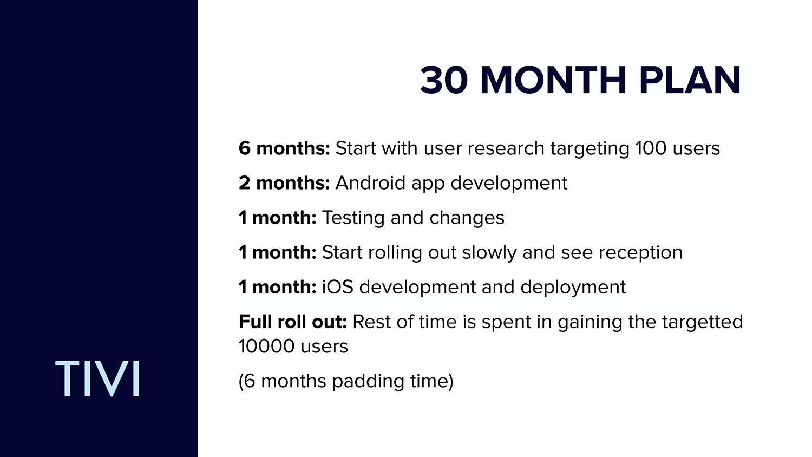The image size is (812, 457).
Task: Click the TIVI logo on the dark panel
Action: (x=97, y=378)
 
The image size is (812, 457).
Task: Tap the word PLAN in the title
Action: (x=690, y=80)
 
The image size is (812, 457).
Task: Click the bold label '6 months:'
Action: (x=284, y=148)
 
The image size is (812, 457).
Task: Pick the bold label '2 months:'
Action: (x=284, y=182)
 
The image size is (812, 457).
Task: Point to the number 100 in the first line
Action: (x=651, y=148)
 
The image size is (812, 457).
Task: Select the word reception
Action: (x=640, y=253)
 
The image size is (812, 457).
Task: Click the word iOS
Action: (x=337, y=287)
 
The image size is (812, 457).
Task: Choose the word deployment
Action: (x=573, y=288)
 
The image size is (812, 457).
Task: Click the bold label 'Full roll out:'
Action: (x=293, y=322)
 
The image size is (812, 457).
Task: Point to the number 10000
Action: (x=266, y=346)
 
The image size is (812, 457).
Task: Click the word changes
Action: (x=467, y=218)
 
